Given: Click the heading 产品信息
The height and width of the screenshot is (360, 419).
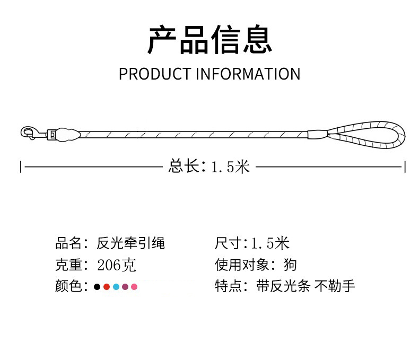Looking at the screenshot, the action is pyautogui.click(x=210, y=40).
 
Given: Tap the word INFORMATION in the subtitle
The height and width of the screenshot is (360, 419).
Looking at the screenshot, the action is pyautogui.click(x=248, y=74).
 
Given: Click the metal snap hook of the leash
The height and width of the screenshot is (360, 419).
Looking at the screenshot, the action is pyautogui.click(x=29, y=133).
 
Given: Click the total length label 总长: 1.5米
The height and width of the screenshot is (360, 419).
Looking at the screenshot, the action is pyautogui.click(x=209, y=167).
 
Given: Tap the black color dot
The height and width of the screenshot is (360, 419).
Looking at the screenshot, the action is pyautogui.click(x=97, y=287).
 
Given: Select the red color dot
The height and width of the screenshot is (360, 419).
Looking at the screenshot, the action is pyautogui.click(x=106, y=287).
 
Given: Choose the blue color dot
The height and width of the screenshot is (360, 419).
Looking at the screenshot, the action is pyautogui.click(x=116, y=287).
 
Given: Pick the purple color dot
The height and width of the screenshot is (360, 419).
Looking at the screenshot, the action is pyautogui.click(x=125, y=287).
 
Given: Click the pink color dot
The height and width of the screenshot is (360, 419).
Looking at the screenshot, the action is pyautogui.click(x=134, y=287).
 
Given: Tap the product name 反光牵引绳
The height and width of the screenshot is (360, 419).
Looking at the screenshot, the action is pyautogui.click(x=131, y=243).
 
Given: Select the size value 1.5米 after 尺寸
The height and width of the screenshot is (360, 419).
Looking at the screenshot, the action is pyautogui.click(x=270, y=243).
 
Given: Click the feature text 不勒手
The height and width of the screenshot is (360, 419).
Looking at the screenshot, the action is pyautogui.click(x=335, y=287).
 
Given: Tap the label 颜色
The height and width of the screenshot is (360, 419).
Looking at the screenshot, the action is pyautogui.click(x=67, y=287).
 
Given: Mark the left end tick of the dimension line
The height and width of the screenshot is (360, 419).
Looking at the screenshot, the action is pyautogui.click(x=21, y=167).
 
